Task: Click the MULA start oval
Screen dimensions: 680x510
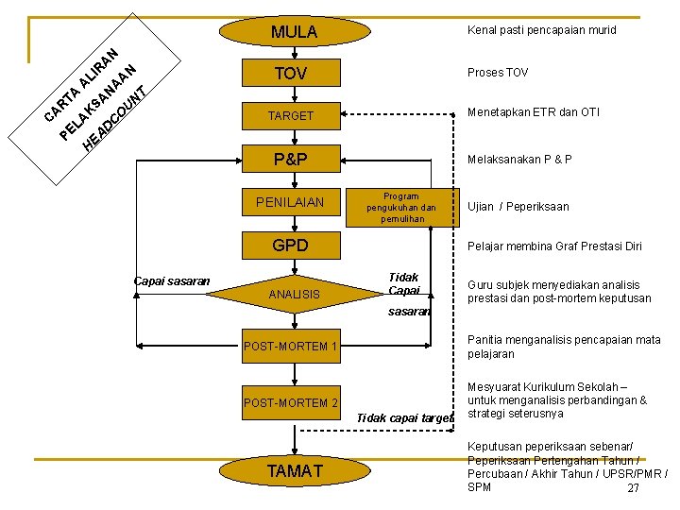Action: click(x=295, y=31)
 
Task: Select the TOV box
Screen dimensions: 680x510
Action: click(x=291, y=73)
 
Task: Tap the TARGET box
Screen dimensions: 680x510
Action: click(x=291, y=116)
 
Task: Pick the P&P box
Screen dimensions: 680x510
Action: click(x=291, y=159)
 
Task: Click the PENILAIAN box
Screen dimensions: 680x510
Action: click(x=291, y=202)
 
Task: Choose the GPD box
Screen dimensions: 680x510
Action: click(x=291, y=246)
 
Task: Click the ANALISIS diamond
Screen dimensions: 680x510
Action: click(x=295, y=294)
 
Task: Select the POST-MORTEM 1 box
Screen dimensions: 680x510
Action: click(x=291, y=346)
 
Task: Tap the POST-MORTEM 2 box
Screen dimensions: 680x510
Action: click(x=291, y=403)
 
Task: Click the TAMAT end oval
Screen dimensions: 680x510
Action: click(x=295, y=470)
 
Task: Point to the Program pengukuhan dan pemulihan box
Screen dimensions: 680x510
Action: click(x=402, y=208)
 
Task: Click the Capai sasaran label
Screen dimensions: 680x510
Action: click(x=172, y=281)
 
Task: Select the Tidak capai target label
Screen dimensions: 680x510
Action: click(x=405, y=418)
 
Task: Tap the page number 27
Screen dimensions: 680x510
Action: click(x=633, y=488)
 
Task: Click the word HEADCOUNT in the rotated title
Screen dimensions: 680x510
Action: click(x=115, y=119)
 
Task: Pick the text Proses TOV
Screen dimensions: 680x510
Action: click(x=498, y=73)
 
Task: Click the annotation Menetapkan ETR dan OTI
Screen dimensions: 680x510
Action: click(x=534, y=112)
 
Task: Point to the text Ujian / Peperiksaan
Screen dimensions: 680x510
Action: click(x=518, y=207)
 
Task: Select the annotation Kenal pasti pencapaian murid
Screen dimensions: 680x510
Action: click(x=542, y=30)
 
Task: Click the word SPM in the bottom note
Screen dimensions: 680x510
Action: click(x=479, y=487)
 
